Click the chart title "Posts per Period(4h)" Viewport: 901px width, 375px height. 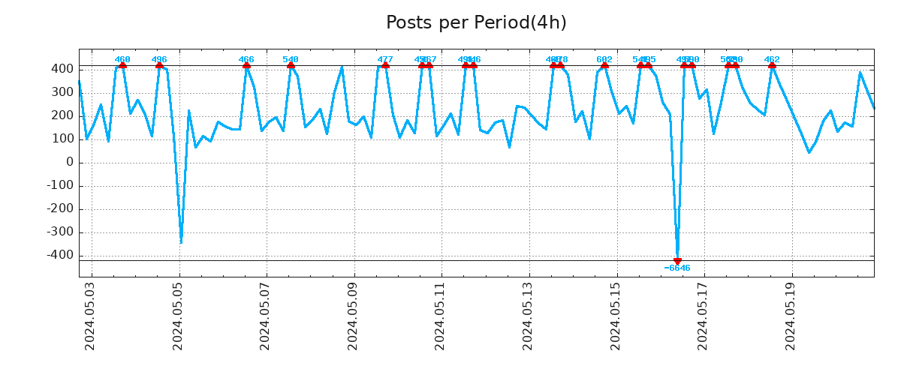point(476,22)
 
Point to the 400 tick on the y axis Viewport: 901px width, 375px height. point(62,69)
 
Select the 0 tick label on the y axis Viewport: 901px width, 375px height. point(68,162)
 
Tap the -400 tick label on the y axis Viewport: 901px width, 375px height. point(60,256)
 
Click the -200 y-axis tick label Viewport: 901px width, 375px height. point(60,209)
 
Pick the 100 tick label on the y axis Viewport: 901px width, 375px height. point(62,139)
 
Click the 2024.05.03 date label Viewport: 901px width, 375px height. point(90,316)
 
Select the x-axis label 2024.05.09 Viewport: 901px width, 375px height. point(353,316)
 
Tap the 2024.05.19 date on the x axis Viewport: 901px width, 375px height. point(791,316)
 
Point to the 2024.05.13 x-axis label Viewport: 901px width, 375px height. point(528,316)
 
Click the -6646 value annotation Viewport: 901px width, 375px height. point(677,268)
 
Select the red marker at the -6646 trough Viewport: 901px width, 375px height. point(677,261)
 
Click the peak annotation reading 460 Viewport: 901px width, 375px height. point(122,59)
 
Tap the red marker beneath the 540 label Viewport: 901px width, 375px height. point(291,66)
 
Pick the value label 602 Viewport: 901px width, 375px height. point(604,59)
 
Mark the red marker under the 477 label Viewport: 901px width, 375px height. point(385,66)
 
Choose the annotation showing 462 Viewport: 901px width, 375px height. point(772,59)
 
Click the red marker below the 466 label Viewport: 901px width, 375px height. point(246,66)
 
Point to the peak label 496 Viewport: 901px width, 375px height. point(159,59)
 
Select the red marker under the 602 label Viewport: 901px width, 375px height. point(604,66)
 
